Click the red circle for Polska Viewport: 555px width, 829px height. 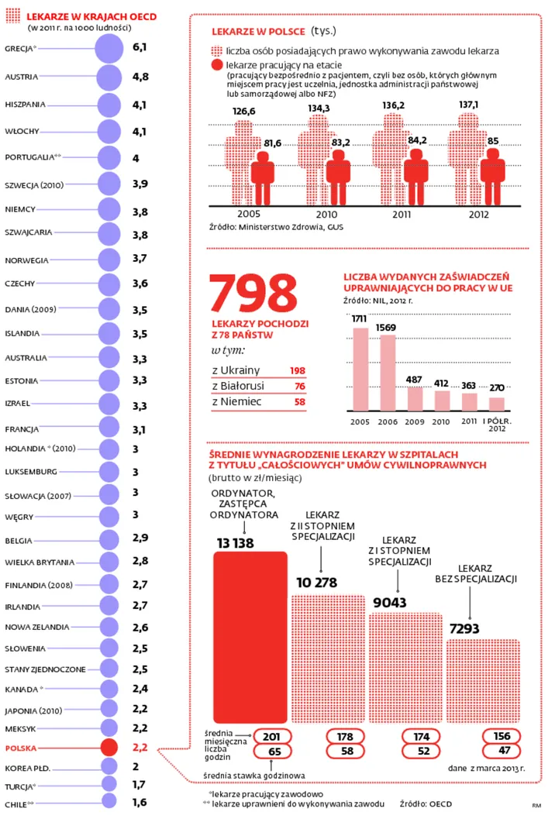point(109,748)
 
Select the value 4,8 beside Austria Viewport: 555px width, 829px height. point(140,77)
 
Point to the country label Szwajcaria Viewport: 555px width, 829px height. point(29,232)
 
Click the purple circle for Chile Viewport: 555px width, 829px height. point(109,803)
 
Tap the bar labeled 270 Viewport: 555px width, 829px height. point(497,404)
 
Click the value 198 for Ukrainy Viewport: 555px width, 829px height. point(297,370)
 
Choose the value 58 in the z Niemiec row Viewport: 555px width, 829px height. point(299,402)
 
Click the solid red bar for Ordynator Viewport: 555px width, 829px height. point(250,636)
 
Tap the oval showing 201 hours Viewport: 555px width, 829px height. point(271,736)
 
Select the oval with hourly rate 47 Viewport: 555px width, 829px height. point(503,751)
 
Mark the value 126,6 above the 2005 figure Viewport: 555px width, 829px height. point(244,111)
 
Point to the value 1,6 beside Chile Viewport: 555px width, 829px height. point(140,802)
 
